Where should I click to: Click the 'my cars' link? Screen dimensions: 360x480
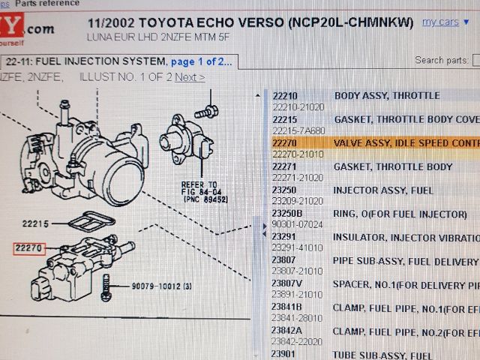(440, 22)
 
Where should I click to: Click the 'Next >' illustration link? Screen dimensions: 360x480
(189, 76)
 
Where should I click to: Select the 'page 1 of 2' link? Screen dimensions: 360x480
(201, 60)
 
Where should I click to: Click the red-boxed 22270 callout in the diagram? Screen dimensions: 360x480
(29, 246)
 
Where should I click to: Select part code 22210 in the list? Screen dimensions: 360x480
(284, 96)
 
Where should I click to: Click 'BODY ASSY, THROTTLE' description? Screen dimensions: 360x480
(387, 96)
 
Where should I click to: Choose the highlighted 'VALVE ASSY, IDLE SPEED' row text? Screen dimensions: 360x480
(405, 142)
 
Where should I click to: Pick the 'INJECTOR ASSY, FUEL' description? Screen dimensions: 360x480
(384, 190)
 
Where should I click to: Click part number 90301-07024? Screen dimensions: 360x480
(296, 223)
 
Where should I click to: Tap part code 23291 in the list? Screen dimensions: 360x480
(284, 237)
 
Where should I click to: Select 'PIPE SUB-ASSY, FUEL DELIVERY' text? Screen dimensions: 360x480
(406, 261)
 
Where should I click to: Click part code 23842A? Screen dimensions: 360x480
(286, 330)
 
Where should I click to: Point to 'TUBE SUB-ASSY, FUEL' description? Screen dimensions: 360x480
(383, 354)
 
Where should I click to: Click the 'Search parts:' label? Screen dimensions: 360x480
(439, 60)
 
